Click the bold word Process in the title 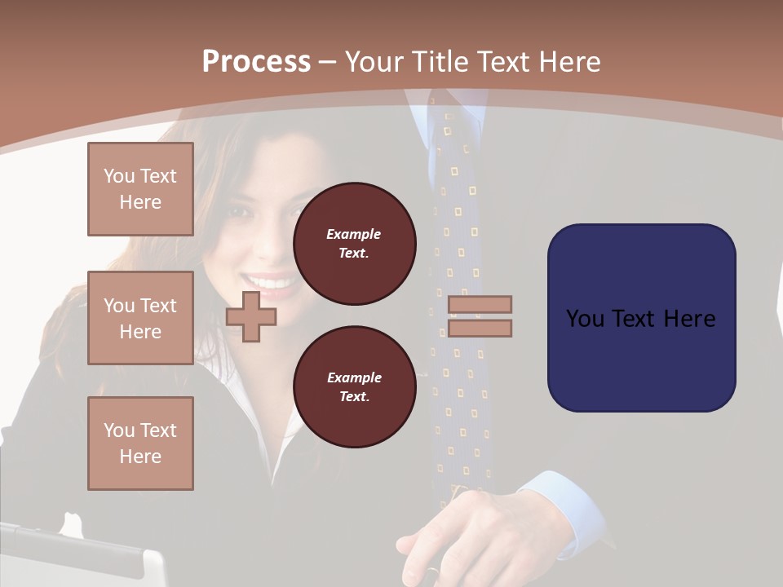click(256, 62)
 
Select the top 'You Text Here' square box click(140, 189)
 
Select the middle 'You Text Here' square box click(140, 318)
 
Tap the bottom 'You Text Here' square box click(140, 444)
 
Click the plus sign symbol click(251, 316)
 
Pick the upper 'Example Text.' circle click(354, 243)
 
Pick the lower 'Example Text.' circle click(354, 386)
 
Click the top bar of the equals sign click(480, 304)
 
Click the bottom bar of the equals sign click(480, 328)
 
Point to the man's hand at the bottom click(449, 530)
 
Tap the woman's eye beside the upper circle click(242, 211)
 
